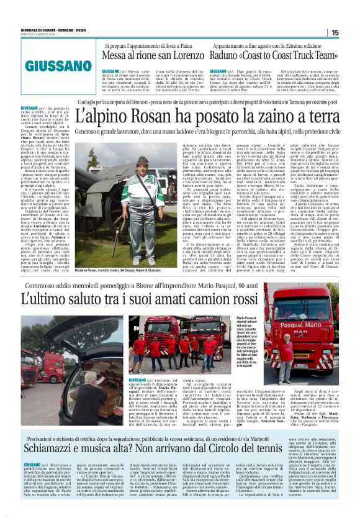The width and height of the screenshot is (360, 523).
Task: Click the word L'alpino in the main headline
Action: tap(110, 116)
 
